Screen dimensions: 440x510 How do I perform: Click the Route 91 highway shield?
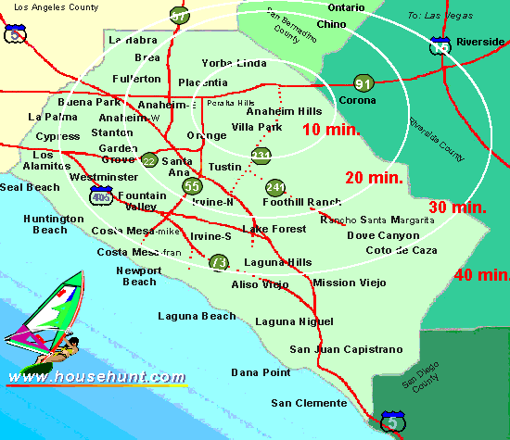click(x=363, y=84)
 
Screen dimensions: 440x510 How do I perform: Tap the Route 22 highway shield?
click(x=148, y=160)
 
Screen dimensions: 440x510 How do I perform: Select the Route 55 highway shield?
click(x=192, y=186)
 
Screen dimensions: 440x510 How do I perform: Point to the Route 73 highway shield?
click(x=218, y=262)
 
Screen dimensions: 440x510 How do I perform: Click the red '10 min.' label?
click(x=331, y=130)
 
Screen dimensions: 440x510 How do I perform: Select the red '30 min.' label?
click(x=458, y=207)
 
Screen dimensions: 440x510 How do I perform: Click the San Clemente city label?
click(x=309, y=403)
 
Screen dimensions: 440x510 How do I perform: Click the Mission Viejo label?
click(x=347, y=283)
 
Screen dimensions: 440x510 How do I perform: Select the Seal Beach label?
click(x=29, y=186)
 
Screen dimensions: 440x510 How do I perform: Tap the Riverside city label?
click(x=480, y=42)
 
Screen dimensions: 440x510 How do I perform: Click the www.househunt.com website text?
click(x=96, y=377)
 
